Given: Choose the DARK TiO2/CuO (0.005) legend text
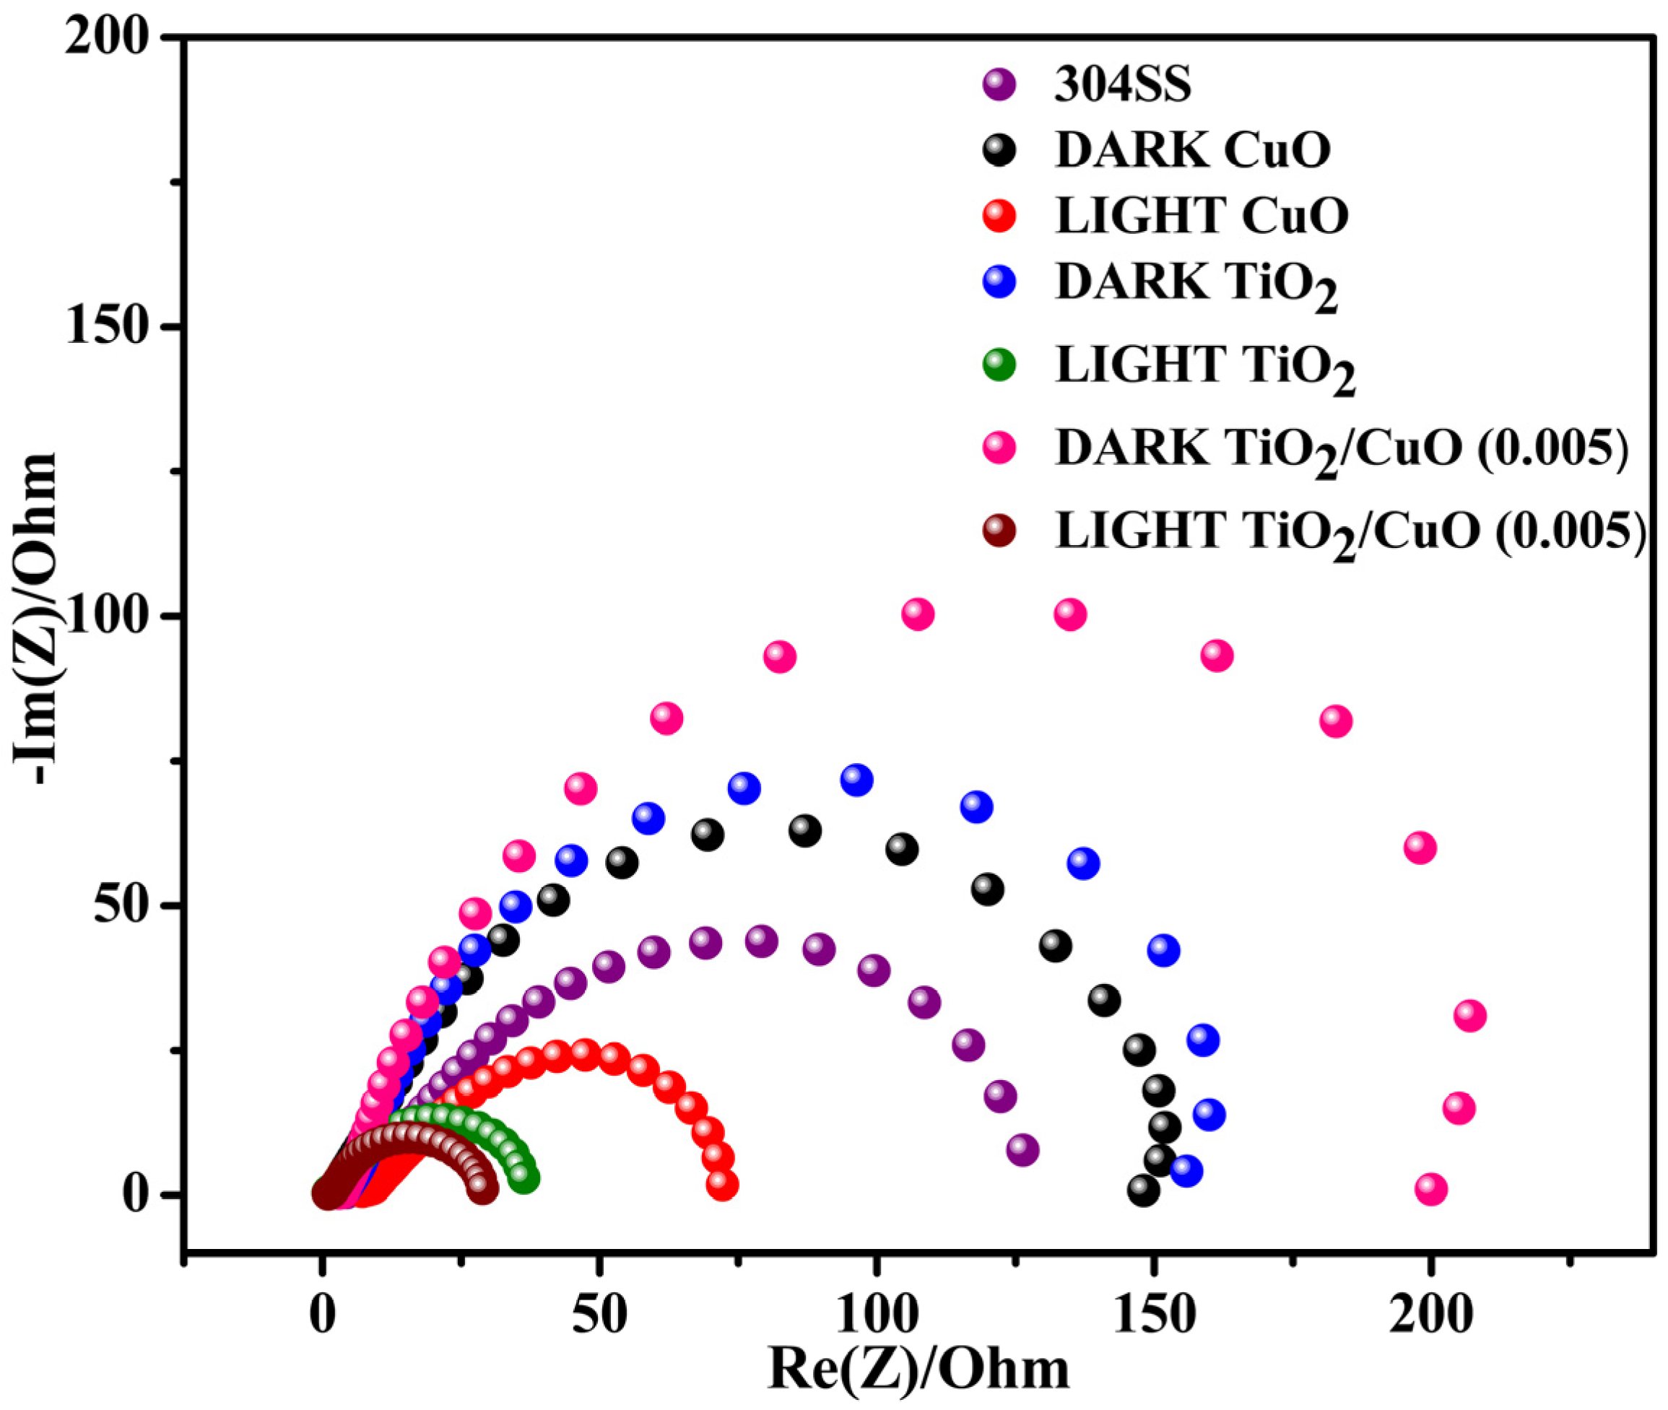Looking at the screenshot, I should [x=1341, y=449].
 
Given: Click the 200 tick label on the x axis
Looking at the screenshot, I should [x=1430, y=1316].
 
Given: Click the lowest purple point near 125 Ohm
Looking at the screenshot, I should [x=1022, y=1150].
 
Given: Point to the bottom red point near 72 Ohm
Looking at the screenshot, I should [x=721, y=1185].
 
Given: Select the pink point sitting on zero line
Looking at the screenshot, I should [x=1430, y=1189].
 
